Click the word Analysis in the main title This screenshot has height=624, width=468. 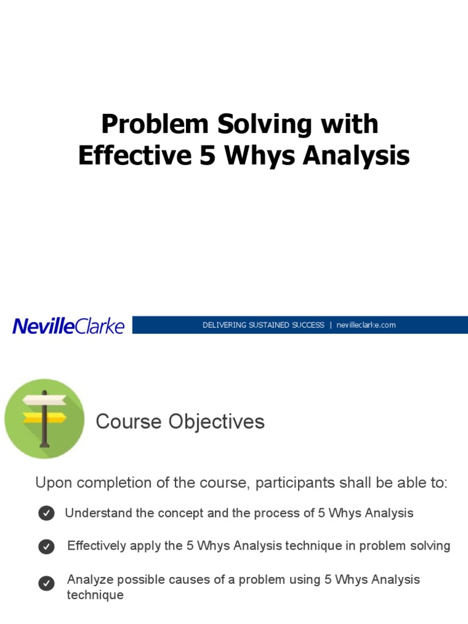tap(356, 155)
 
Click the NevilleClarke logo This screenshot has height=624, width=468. tap(68, 326)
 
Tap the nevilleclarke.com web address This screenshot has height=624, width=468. tap(366, 325)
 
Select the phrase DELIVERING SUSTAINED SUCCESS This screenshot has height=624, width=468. tap(263, 325)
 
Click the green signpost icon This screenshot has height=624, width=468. tap(44, 419)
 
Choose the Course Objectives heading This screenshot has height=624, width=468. tap(180, 422)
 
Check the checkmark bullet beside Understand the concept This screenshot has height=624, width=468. tap(46, 514)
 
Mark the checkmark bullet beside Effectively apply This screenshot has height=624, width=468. tap(46, 547)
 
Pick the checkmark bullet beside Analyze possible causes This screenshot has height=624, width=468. tap(46, 584)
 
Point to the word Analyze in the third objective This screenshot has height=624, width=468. tap(88, 579)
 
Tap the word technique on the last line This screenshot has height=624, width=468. tap(95, 595)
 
